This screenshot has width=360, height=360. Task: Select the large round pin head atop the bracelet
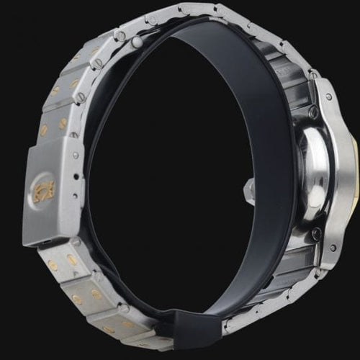(x=137, y=43)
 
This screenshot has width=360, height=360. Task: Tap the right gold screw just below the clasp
(x=71, y=260)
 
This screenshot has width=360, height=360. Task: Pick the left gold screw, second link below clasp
(x=76, y=297)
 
